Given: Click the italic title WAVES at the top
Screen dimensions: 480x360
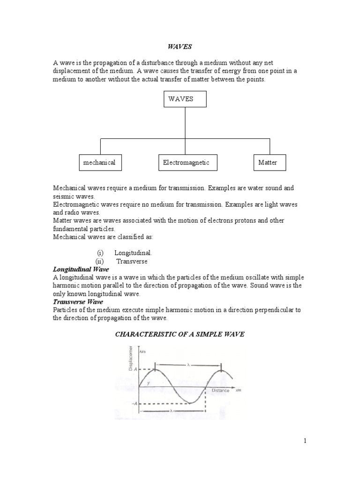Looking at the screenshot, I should (180, 47).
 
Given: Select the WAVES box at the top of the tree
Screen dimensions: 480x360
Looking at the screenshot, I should (185, 99).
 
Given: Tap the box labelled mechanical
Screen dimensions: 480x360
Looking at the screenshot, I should (99, 163).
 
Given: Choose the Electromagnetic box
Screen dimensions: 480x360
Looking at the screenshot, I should (186, 163).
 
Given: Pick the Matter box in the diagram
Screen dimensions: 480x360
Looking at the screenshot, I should (269, 163).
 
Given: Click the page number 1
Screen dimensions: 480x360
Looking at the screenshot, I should (305, 441).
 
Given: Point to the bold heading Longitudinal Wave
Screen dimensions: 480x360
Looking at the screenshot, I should (81, 270).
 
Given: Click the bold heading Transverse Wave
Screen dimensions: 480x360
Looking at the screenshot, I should (78, 302).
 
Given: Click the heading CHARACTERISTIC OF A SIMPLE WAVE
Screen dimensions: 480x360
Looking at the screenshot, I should (180, 334).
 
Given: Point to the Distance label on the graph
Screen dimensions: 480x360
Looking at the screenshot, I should (220, 390).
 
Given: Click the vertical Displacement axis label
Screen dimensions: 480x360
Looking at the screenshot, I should (131, 358).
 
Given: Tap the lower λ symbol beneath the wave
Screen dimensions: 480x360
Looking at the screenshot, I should (172, 411).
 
